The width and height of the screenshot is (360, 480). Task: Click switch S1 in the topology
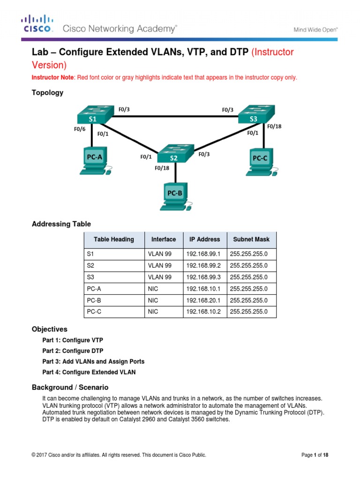coord(93,114)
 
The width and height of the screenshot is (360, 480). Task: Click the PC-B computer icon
coord(174,196)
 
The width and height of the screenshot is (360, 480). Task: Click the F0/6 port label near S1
coord(80,129)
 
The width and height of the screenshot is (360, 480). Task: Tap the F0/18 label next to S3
coord(274,126)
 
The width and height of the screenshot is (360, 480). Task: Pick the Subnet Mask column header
coord(251,239)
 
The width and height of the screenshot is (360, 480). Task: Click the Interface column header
coord(164,239)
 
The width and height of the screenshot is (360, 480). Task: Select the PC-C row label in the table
coord(94,312)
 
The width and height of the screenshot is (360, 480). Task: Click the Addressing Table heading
coord(61,224)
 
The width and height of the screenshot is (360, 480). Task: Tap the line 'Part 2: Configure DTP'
coord(73,351)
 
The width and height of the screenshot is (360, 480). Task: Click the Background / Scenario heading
coord(70,387)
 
